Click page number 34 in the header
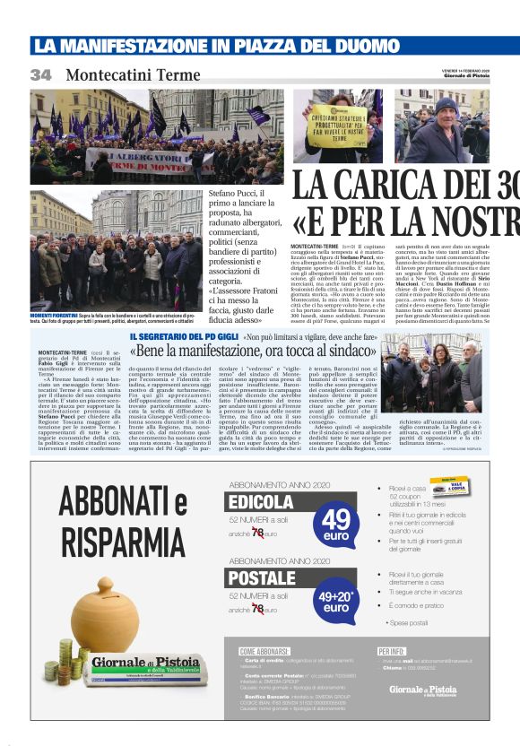click(40, 75)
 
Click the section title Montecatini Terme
click(132, 75)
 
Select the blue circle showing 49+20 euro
click(336, 597)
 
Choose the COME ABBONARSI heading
click(264, 651)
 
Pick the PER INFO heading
click(392, 651)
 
